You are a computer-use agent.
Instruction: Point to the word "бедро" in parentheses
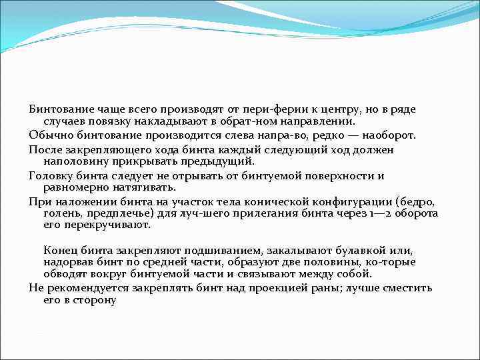tap(416, 202)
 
